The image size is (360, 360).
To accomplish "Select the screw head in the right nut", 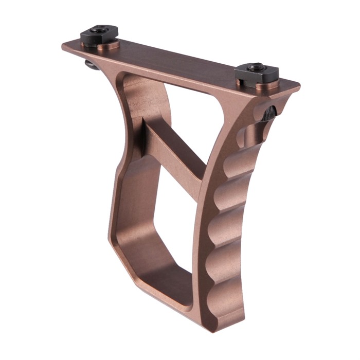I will tap(256, 66).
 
